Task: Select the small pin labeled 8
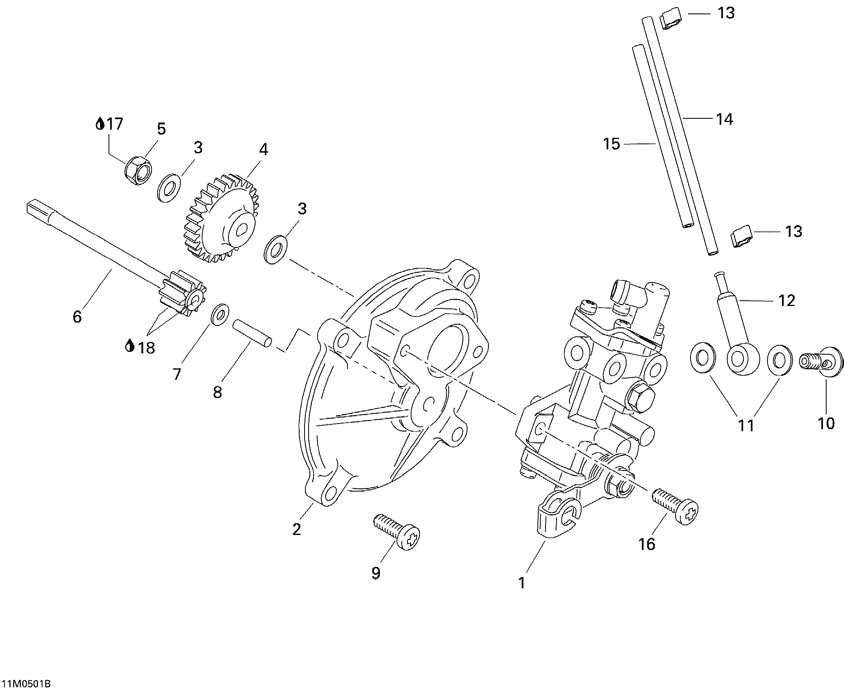pos(251,333)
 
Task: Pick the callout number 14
pos(725,119)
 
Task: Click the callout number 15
pos(612,144)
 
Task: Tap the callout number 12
pos(787,300)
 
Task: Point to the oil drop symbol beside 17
pos(100,124)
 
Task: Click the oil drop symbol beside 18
pos(130,346)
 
